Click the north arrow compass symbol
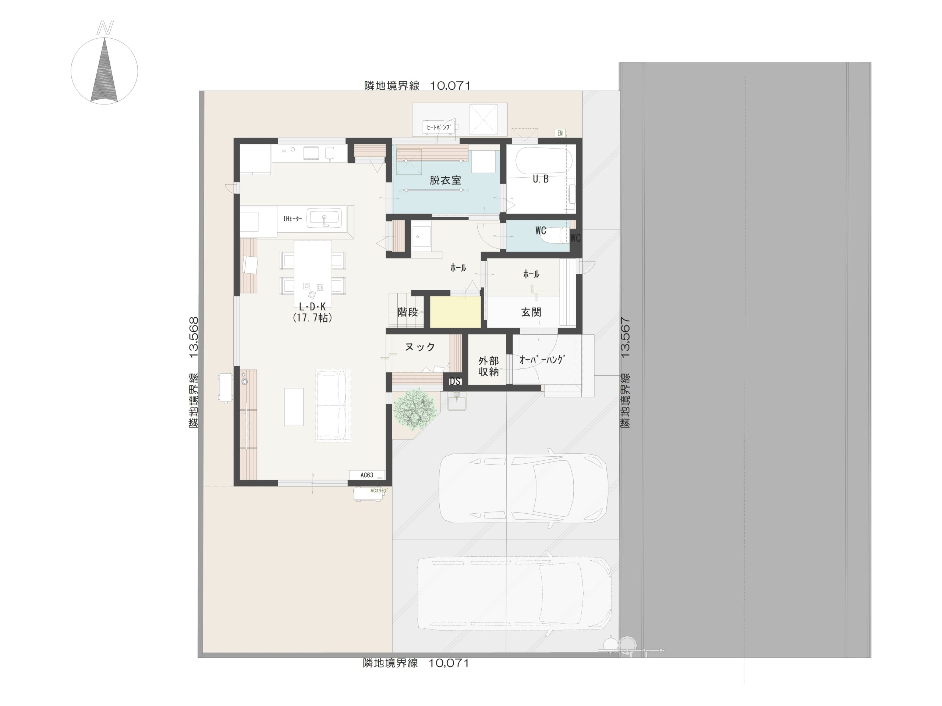pyautogui.click(x=105, y=70)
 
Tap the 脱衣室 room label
pyautogui.click(x=445, y=180)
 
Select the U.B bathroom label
pyautogui.click(x=541, y=179)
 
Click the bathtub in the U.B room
pyautogui.click(x=544, y=161)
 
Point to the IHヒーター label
pyautogui.click(x=293, y=219)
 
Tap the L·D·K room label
pyautogui.click(x=312, y=306)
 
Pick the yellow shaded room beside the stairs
pyautogui.click(x=455, y=312)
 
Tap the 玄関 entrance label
pyautogui.click(x=531, y=312)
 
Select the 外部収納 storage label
pyautogui.click(x=488, y=366)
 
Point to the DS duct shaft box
pyautogui.click(x=455, y=381)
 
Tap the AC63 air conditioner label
pyautogui.click(x=366, y=475)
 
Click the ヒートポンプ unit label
pyautogui.click(x=438, y=127)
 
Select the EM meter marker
pyautogui.click(x=560, y=133)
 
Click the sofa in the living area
pyautogui.click(x=333, y=405)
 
